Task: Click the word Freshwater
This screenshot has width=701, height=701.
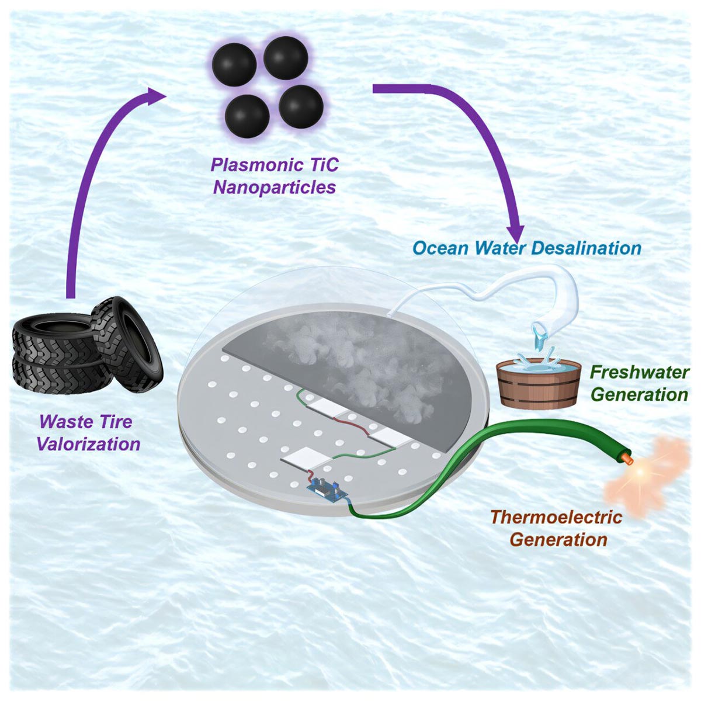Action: tap(639, 372)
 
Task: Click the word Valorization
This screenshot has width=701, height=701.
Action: tap(88, 443)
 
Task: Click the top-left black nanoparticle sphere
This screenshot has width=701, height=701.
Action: tap(234, 65)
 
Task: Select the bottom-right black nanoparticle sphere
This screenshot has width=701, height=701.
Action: tap(301, 107)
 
